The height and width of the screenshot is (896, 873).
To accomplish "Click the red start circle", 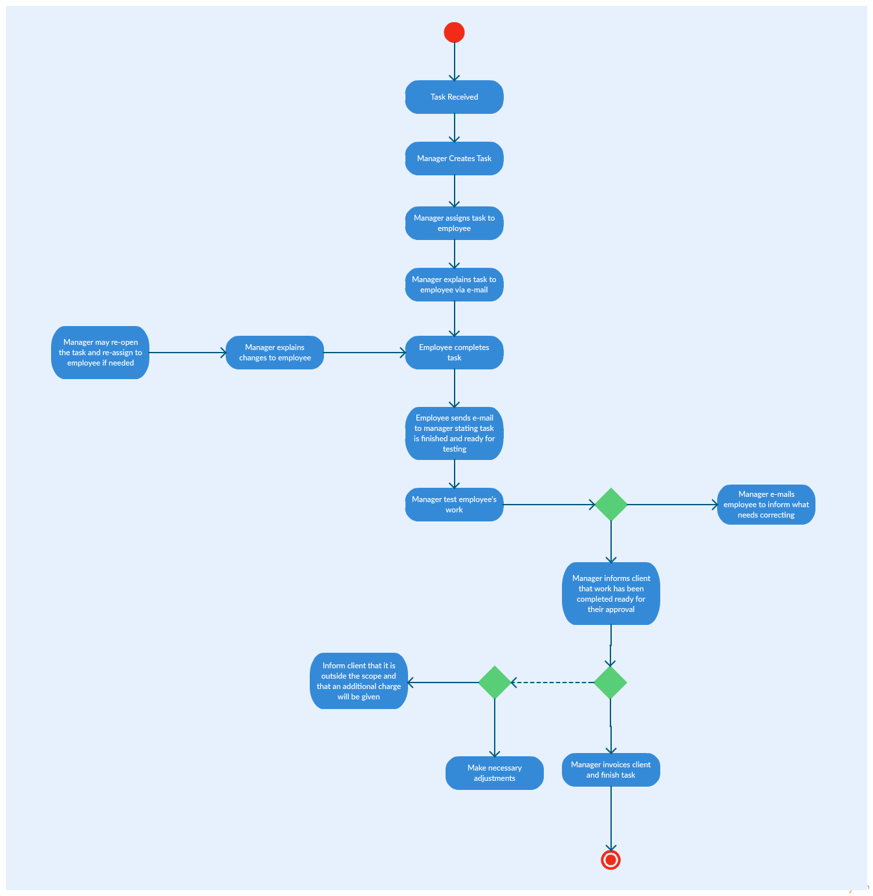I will [454, 32].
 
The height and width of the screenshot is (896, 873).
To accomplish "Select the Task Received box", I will [454, 97].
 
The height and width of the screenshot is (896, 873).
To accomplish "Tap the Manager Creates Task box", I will [454, 158].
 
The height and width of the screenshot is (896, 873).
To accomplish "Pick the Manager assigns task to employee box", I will [454, 223].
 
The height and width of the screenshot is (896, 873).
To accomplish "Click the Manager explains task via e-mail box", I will [454, 285].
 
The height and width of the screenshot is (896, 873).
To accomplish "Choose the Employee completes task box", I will [454, 353].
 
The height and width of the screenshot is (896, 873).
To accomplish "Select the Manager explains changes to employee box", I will [275, 353].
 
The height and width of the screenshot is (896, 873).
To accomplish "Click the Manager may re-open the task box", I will [100, 353].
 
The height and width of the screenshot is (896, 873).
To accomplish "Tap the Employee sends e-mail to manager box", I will [454, 433].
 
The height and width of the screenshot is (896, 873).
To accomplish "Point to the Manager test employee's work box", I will [454, 505].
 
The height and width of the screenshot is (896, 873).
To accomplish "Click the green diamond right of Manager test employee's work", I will [611, 505].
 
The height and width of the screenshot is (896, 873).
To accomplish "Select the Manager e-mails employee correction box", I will [766, 505].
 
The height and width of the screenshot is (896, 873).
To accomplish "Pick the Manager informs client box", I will [611, 593].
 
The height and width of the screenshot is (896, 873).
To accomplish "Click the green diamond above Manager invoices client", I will [610, 683].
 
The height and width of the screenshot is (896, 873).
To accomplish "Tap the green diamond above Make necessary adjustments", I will [495, 683].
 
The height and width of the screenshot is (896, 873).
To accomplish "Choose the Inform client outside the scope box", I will [359, 681].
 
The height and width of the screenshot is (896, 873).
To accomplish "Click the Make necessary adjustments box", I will [495, 773].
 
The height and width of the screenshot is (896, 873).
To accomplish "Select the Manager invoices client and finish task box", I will [611, 770].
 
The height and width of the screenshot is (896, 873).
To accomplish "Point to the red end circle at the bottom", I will [610, 860].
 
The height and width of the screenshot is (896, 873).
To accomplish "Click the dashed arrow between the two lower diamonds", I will [553, 683].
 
